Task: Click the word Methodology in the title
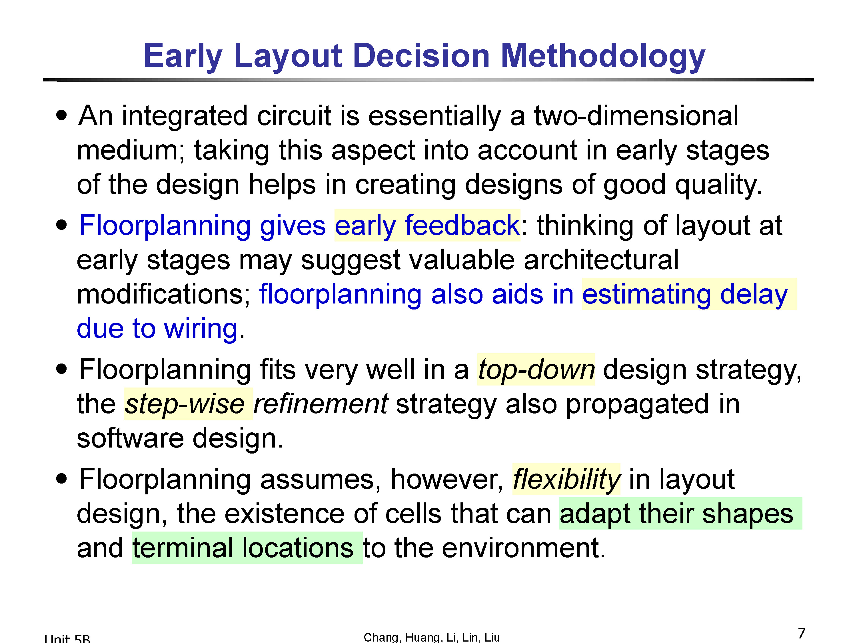pyautogui.click(x=603, y=57)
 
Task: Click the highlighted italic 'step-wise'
pyautogui.click(x=185, y=404)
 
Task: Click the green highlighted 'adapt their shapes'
pyautogui.click(x=676, y=514)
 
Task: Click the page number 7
pyautogui.click(x=802, y=633)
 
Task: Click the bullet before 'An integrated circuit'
pyautogui.click(x=62, y=115)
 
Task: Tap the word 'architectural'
pyautogui.click(x=601, y=260)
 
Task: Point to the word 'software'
pyautogui.click(x=130, y=438)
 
